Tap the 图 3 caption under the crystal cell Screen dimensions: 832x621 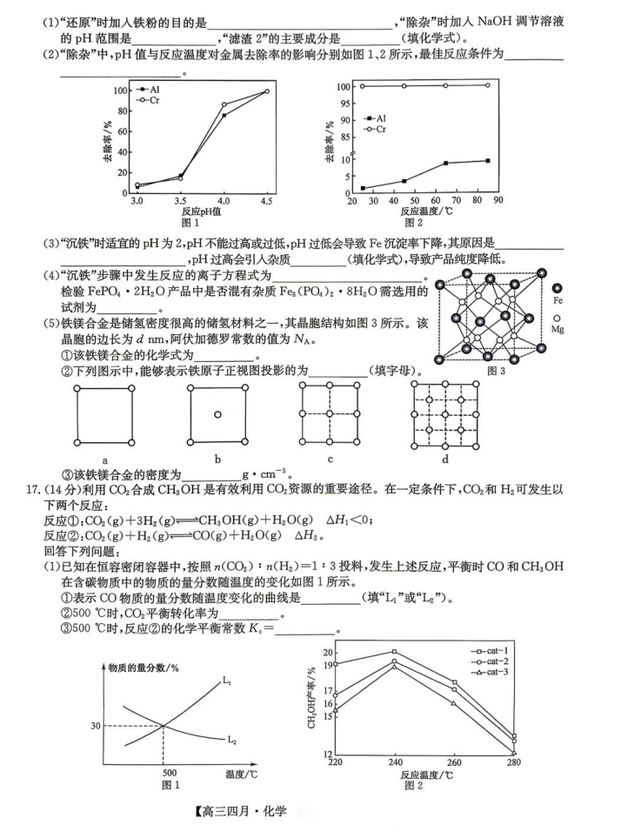pos(497,370)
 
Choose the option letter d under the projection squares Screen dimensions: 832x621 pos(444,459)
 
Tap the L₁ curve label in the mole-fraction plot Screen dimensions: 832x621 pos(226,681)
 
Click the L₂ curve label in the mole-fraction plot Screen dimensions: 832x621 pos(232,741)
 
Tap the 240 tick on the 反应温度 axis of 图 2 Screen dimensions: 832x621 pos(394,762)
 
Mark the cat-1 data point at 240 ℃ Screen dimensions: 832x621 pos(394,652)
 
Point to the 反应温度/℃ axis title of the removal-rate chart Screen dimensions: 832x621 pos(425,211)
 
